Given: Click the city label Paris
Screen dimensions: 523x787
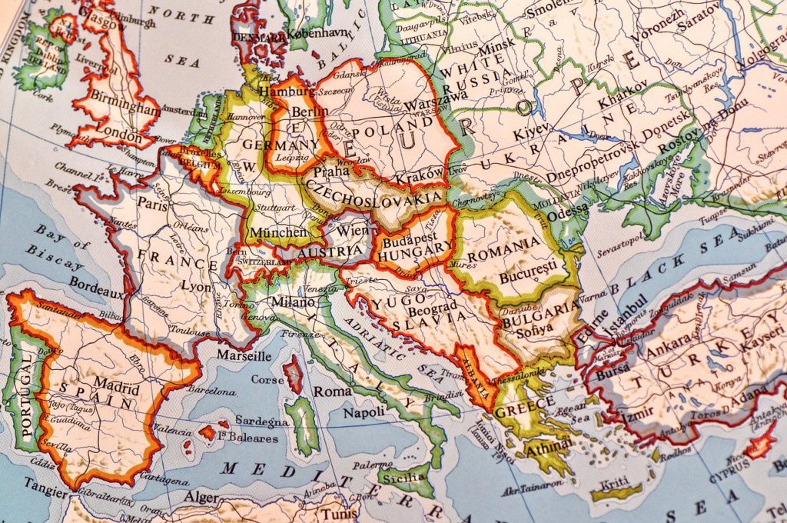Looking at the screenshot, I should (153, 204).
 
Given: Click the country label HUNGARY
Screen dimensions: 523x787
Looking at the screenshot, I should (416, 248).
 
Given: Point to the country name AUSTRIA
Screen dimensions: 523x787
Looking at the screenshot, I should (329, 252).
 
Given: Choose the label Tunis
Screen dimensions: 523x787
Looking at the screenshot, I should (339, 513).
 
